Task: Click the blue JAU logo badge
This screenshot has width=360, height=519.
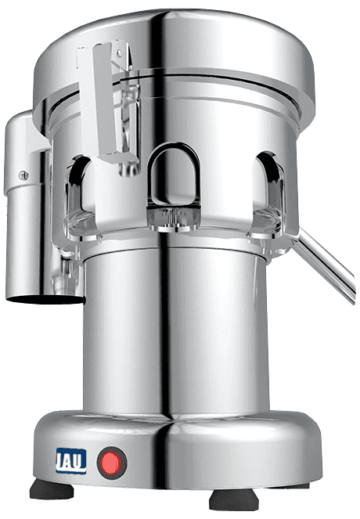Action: [x=71, y=461]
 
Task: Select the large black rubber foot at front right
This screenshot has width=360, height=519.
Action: [x=234, y=499]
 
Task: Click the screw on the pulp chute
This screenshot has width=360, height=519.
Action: [x=23, y=176]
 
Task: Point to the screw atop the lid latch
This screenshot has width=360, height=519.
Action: [x=119, y=52]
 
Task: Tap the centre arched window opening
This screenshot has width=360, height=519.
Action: [x=174, y=172]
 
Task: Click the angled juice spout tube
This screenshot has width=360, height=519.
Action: [x=322, y=262]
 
